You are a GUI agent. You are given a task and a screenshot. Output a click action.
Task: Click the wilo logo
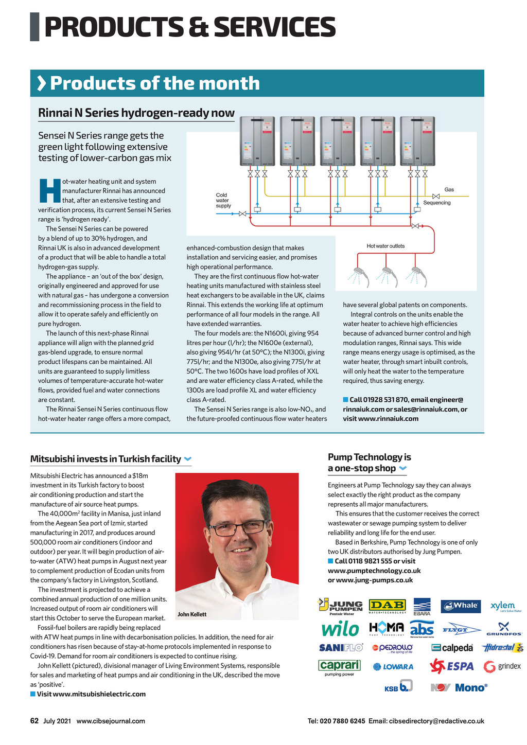pos(340,629)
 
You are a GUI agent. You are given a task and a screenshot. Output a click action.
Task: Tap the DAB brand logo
pos(388,606)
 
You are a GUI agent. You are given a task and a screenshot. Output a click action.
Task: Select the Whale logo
pos(461,606)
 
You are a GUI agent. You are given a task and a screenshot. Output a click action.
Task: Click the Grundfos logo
pos(504,629)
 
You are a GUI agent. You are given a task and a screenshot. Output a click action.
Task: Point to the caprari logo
pos(340,666)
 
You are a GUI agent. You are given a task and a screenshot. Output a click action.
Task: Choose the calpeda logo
pos(452,648)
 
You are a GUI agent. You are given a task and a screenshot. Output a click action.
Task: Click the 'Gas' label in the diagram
pos(449,190)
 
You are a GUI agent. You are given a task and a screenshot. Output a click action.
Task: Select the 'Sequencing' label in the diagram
pos(437,203)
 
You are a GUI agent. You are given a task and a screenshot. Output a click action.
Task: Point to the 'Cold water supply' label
pos(223,201)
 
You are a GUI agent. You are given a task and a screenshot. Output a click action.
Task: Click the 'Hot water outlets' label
pos(385,246)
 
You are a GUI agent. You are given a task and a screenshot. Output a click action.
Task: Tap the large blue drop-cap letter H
pos(49,191)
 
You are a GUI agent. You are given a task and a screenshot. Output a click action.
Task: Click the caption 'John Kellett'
pos(192,614)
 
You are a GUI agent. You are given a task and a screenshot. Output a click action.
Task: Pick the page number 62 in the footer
pos(34,721)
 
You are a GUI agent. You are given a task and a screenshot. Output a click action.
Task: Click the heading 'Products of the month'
pos(154,83)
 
